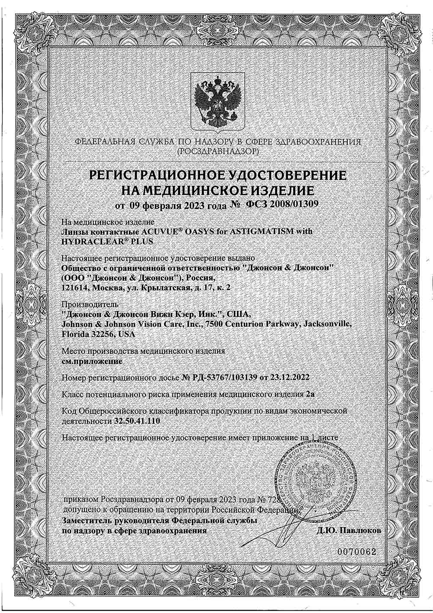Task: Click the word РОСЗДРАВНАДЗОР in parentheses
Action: (x=216, y=152)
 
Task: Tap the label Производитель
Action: (x=84, y=303)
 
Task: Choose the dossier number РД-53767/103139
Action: (x=223, y=378)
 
